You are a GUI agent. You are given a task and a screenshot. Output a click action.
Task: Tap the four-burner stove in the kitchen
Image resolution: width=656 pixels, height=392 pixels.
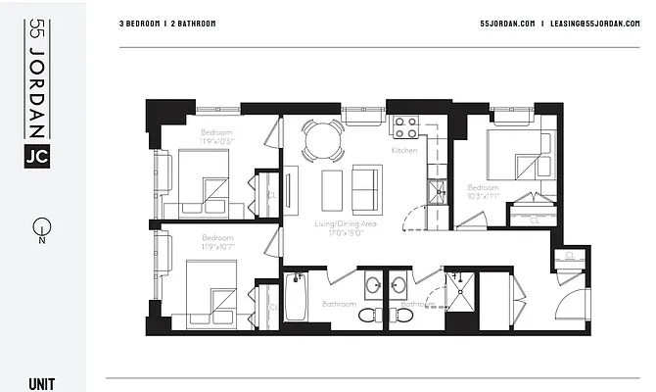(405, 127)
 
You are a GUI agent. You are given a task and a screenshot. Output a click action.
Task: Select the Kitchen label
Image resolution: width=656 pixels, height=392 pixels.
(404, 152)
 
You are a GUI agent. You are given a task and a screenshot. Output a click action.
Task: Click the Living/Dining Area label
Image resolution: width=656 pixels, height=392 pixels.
(346, 224)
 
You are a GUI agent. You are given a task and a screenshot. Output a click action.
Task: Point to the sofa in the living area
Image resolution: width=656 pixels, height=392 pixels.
(367, 188)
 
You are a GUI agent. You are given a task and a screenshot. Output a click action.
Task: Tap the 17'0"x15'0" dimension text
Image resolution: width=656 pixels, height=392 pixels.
(346, 233)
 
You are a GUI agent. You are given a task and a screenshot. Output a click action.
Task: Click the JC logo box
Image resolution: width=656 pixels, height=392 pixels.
(37, 154)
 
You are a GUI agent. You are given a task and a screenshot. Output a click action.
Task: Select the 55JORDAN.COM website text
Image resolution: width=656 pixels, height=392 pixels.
(507, 23)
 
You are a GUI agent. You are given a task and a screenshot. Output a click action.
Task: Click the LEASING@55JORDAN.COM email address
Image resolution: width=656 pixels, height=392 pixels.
(594, 23)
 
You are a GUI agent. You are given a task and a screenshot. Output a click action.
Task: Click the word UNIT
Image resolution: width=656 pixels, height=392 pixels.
(42, 383)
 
